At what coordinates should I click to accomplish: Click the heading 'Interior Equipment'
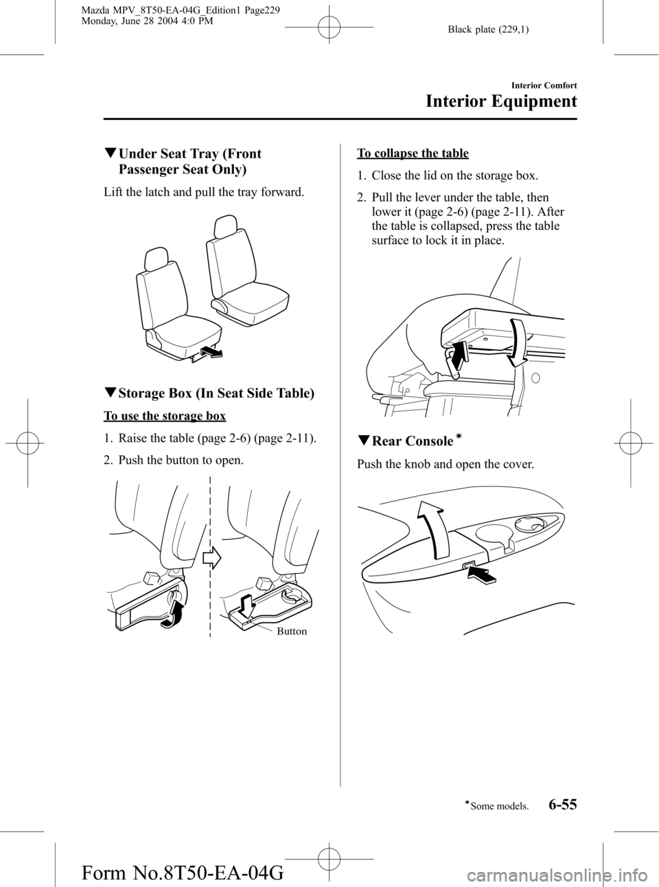click(500, 102)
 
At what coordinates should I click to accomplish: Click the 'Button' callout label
click(292, 631)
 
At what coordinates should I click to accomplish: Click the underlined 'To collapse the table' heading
click(413, 153)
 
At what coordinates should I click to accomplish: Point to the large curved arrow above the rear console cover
click(432, 532)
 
